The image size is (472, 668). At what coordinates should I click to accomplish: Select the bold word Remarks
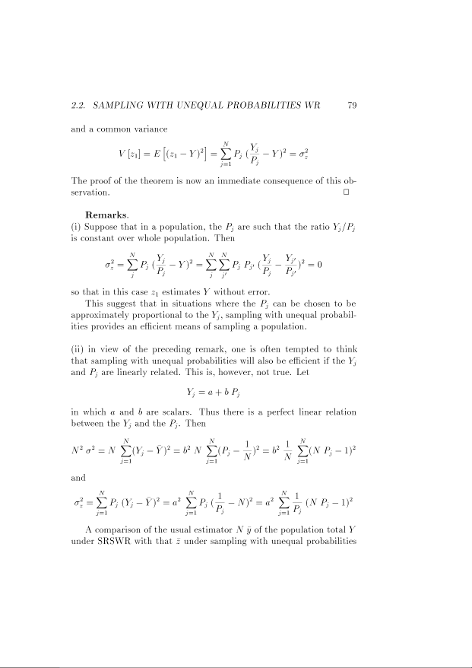coord(107,215)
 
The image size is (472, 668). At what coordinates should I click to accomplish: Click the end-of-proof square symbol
coord(347,194)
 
